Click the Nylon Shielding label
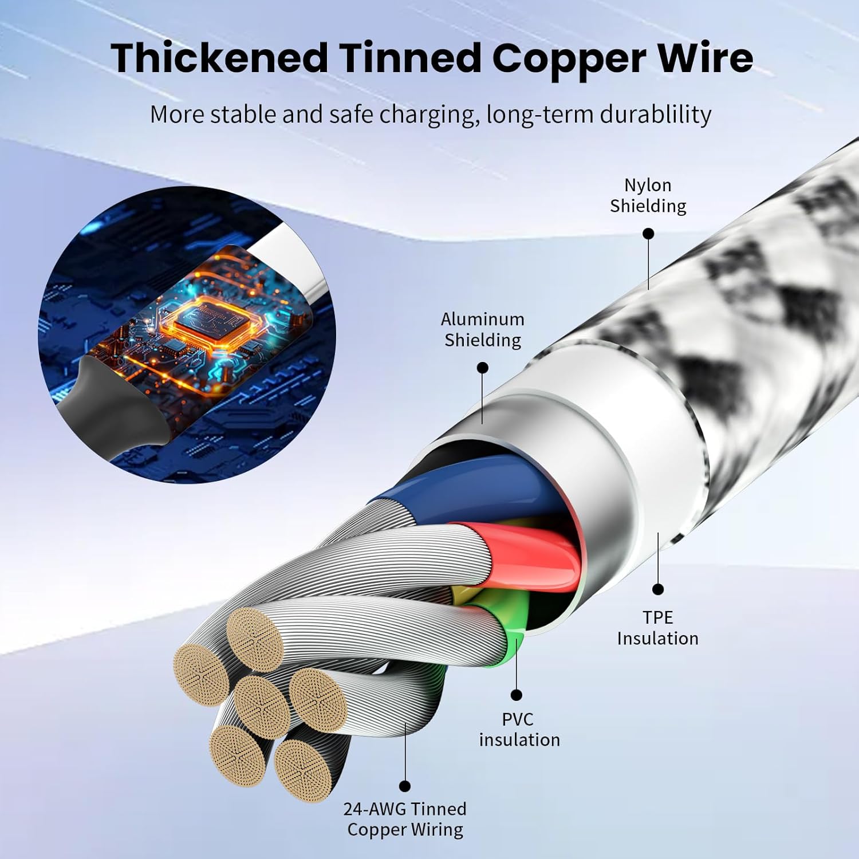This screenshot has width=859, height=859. pyautogui.click(x=648, y=196)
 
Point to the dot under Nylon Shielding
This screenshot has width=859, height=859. pyautogui.click(x=648, y=234)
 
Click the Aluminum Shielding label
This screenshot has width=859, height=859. pyautogui.click(x=482, y=329)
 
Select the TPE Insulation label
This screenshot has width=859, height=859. pyautogui.click(x=657, y=628)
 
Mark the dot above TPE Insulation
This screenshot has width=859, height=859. pyautogui.click(x=658, y=589)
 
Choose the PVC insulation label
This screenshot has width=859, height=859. pyautogui.click(x=519, y=729)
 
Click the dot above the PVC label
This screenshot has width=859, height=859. pyautogui.click(x=517, y=695)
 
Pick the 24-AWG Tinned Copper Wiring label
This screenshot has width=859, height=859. pyautogui.click(x=405, y=819)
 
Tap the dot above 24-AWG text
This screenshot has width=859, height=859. pyautogui.click(x=405, y=786)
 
